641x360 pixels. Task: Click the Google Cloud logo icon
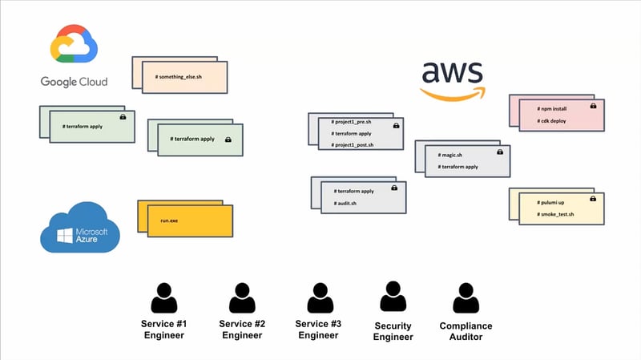tap(74, 45)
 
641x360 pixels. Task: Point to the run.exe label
tap(168, 218)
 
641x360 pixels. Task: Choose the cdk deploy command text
tap(552, 121)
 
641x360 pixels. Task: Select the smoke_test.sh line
tap(554, 215)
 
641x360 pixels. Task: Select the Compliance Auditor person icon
tap(466, 297)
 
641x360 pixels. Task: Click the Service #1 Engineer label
tap(163, 329)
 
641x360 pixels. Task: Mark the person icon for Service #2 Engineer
tap(241, 297)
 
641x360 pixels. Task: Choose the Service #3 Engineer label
tap(317, 329)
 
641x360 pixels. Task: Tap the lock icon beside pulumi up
tap(593, 199)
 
